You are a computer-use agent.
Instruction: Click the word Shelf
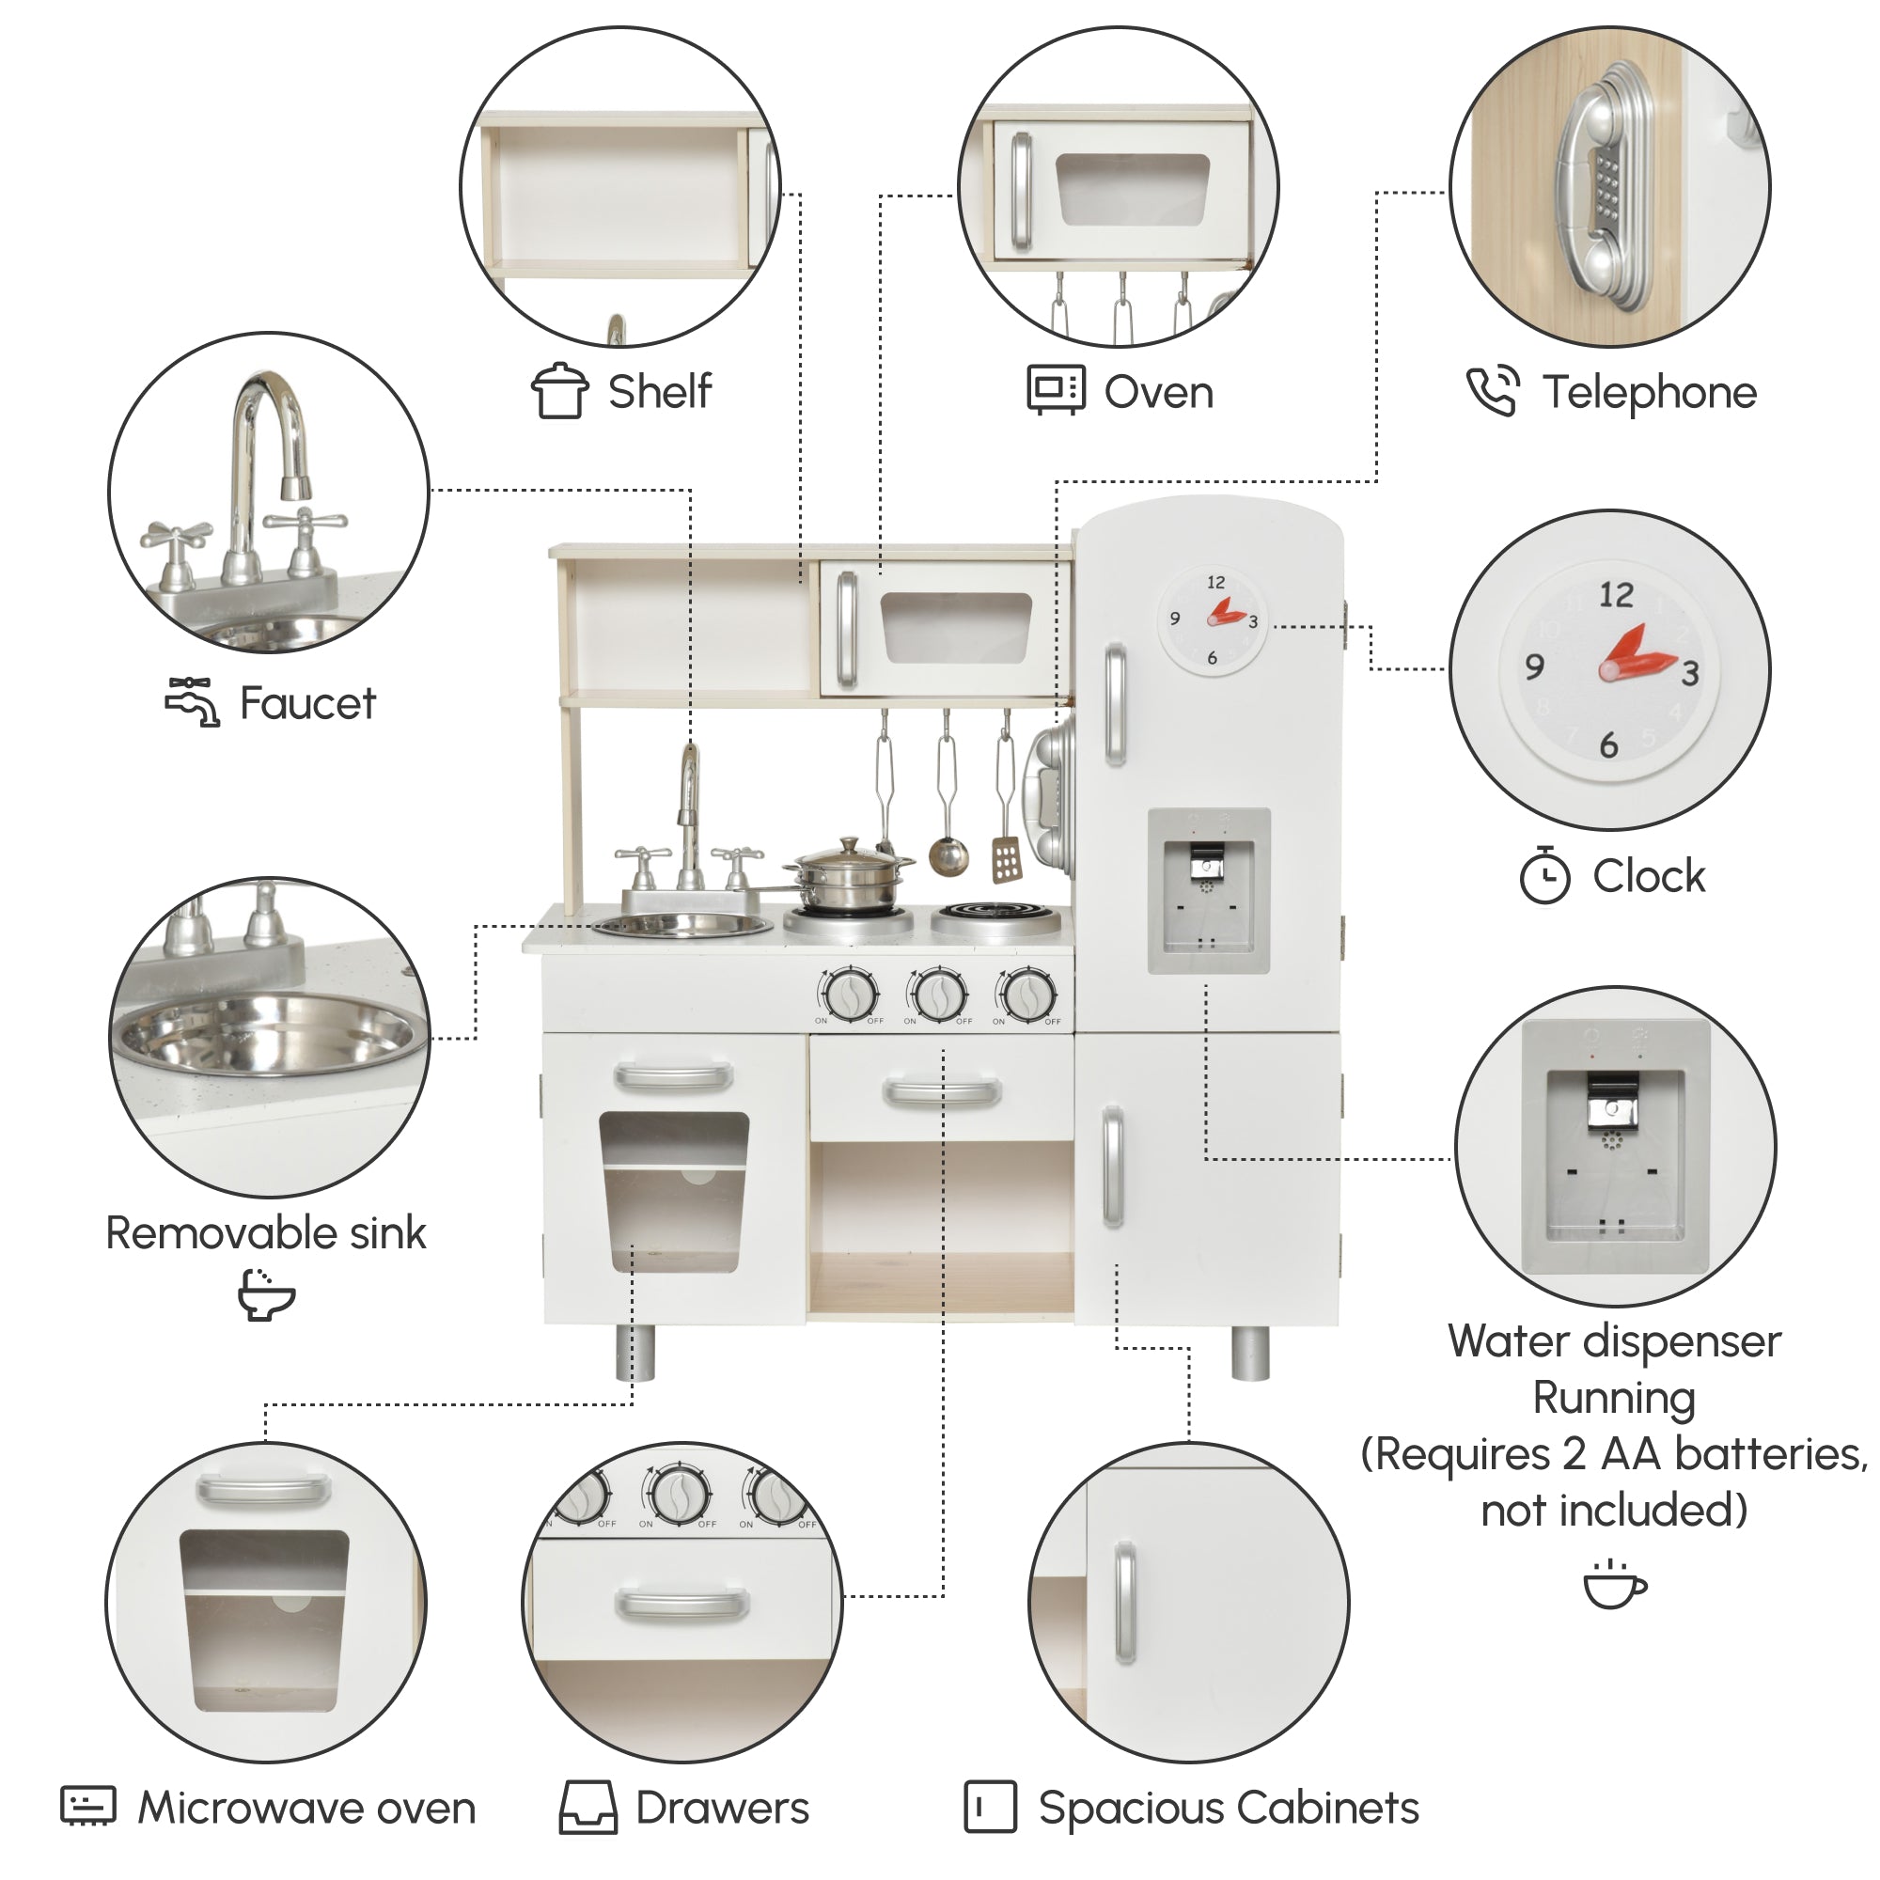click(660, 391)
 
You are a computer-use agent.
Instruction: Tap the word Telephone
click(1650, 393)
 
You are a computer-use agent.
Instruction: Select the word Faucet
click(307, 702)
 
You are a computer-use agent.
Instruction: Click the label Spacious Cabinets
click(1228, 1808)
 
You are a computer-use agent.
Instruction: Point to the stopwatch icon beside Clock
click(1544, 875)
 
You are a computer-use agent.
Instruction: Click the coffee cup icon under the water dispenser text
click(1614, 1585)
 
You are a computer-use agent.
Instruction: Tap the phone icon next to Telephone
click(1493, 391)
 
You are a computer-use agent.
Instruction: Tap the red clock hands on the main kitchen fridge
click(1226, 613)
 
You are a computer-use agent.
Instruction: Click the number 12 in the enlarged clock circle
click(1616, 595)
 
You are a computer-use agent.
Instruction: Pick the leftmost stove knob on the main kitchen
click(849, 995)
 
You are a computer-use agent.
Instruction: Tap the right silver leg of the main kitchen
click(1250, 1352)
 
